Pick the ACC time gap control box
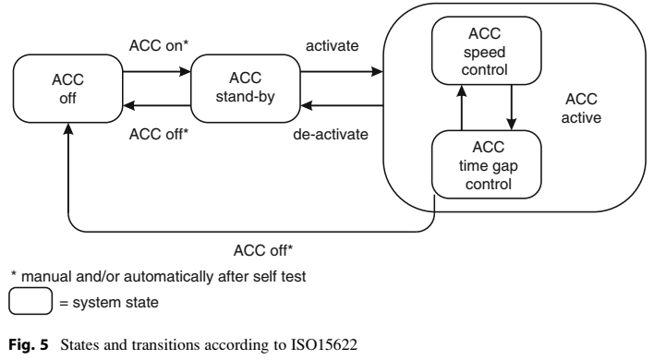[x=480, y=162]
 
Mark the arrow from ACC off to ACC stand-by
[x=156, y=70]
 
